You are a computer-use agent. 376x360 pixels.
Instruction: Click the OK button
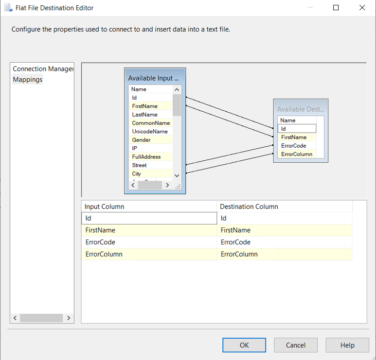coord(244,345)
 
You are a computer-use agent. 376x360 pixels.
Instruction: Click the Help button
coord(347,345)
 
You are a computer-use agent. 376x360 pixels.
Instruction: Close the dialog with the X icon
coord(362,8)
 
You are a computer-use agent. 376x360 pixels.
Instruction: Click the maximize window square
coord(336,8)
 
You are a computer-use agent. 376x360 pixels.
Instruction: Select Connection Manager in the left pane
coord(43,69)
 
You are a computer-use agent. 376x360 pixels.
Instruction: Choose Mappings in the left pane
coord(28,79)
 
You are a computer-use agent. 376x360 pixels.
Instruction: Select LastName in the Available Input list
coord(144,115)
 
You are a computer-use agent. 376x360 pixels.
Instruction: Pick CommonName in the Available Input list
coord(151,123)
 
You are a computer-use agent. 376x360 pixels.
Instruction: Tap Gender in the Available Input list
coord(141,140)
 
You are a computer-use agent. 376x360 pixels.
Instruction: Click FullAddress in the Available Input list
coord(146,156)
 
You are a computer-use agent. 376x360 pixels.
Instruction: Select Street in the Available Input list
coord(139,165)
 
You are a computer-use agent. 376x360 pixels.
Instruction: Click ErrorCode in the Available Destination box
coord(293,146)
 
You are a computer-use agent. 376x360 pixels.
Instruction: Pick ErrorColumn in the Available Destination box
coord(297,154)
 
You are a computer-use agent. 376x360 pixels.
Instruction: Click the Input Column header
coord(104,206)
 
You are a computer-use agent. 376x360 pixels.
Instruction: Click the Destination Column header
coord(249,206)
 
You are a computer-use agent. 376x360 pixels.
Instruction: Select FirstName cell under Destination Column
coord(235,230)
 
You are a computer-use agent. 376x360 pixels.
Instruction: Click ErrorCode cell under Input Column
coord(100,242)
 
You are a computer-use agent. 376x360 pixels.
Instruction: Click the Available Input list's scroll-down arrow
coord(177,175)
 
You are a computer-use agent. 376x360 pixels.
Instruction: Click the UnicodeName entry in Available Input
coord(150,132)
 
